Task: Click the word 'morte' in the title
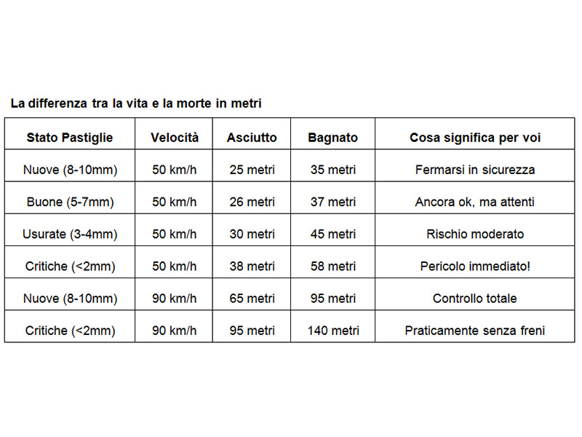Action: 194,103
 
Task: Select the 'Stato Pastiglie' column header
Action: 70,138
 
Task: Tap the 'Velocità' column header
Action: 175,138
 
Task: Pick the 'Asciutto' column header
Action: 252,138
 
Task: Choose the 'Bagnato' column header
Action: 332,138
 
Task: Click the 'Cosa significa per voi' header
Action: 475,138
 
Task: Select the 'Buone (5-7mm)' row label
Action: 70,202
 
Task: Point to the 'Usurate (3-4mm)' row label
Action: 70,234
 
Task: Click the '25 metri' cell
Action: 252,170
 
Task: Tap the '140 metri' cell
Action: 333,331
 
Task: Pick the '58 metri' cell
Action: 333,266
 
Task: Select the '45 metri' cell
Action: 333,234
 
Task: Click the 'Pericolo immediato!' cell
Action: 475,266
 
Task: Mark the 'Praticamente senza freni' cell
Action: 475,331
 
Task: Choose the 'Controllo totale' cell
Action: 475,299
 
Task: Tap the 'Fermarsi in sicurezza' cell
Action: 475,170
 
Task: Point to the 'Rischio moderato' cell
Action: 475,234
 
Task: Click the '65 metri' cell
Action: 252,299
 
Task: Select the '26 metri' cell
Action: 252,202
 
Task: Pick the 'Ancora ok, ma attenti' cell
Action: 475,202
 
